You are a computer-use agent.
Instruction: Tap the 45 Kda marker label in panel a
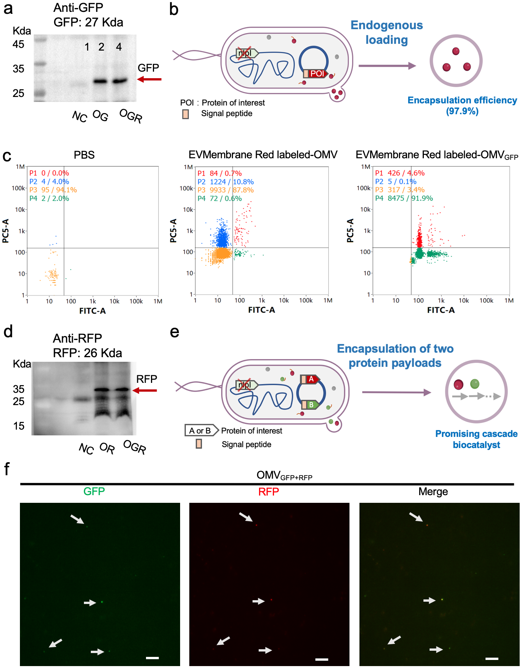point(18,44)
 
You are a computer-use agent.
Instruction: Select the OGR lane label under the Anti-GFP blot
point(131,115)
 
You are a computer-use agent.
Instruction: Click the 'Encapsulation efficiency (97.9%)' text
point(462,105)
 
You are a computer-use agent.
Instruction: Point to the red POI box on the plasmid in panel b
point(317,74)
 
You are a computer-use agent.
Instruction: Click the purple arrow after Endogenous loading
point(387,66)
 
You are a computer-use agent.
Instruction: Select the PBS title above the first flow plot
point(84,155)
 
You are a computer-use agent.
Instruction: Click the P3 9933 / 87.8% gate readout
point(226,190)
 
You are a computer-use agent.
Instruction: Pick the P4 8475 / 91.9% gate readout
point(404,198)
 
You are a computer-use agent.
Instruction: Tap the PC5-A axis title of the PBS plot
point(6,231)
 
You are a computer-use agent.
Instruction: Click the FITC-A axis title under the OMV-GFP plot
point(441,310)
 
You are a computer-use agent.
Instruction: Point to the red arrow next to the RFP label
point(145,391)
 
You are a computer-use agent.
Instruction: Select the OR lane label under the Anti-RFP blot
point(107,448)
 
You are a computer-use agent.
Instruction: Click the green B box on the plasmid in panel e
point(311,405)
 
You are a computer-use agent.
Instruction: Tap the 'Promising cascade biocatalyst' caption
point(476,439)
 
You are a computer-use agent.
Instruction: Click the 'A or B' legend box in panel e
point(200,431)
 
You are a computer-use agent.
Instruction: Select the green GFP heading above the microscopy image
point(94,491)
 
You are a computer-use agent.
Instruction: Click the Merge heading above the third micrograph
point(433,492)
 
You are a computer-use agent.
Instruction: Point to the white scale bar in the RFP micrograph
point(322,659)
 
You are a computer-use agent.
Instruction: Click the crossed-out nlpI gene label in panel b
point(245,53)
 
